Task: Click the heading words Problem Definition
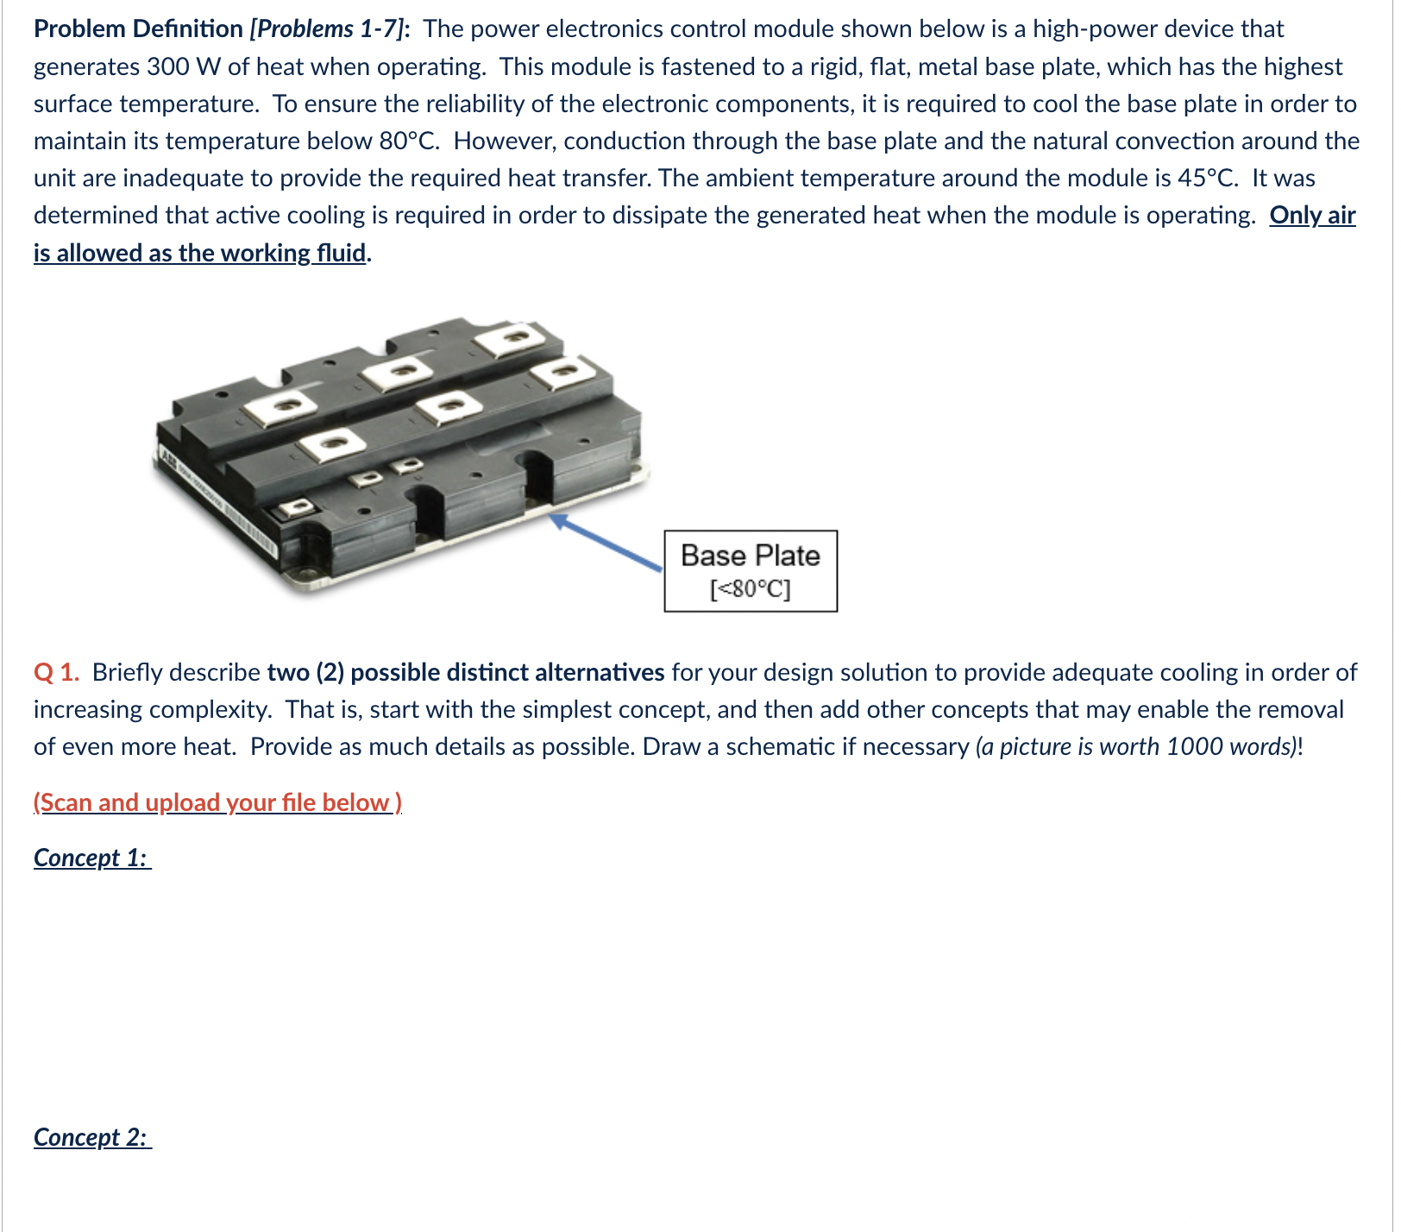[x=138, y=29]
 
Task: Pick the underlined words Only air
[x=1312, y=215]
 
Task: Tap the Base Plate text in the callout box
[x=750, y=556]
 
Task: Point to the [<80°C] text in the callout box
[x=750, y=589]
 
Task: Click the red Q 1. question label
[x=57, y=672]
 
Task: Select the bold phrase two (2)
[x=305, y=672]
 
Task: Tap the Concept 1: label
[x=91, y=858]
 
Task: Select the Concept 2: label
[x=91, y=1137]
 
